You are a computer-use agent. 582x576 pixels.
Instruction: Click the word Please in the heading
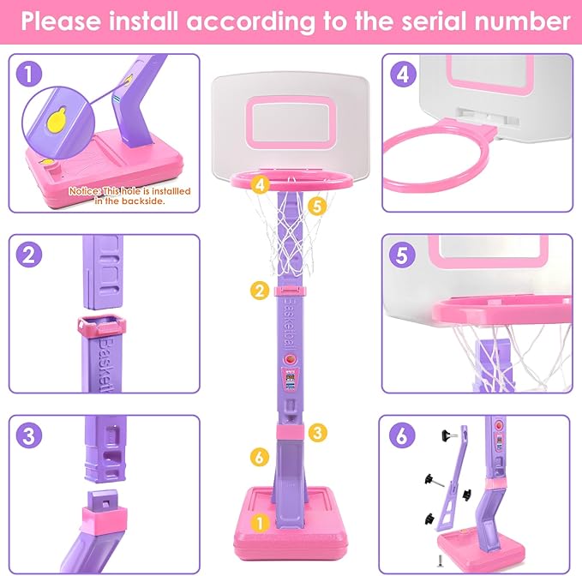[65, 21]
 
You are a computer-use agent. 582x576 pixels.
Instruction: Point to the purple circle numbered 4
[400, 75]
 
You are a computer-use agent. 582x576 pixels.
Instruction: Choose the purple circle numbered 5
[400, 255]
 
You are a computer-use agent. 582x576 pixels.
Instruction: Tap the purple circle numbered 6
[400, 435]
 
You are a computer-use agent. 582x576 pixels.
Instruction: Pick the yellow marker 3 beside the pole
[318, 433]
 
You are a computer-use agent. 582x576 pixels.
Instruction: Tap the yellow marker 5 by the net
[316, 206]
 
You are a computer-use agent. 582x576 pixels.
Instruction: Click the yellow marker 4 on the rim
[261, 183]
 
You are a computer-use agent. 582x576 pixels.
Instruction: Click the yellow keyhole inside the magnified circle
[56, 123]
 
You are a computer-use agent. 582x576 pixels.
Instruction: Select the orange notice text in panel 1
[129, 196]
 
